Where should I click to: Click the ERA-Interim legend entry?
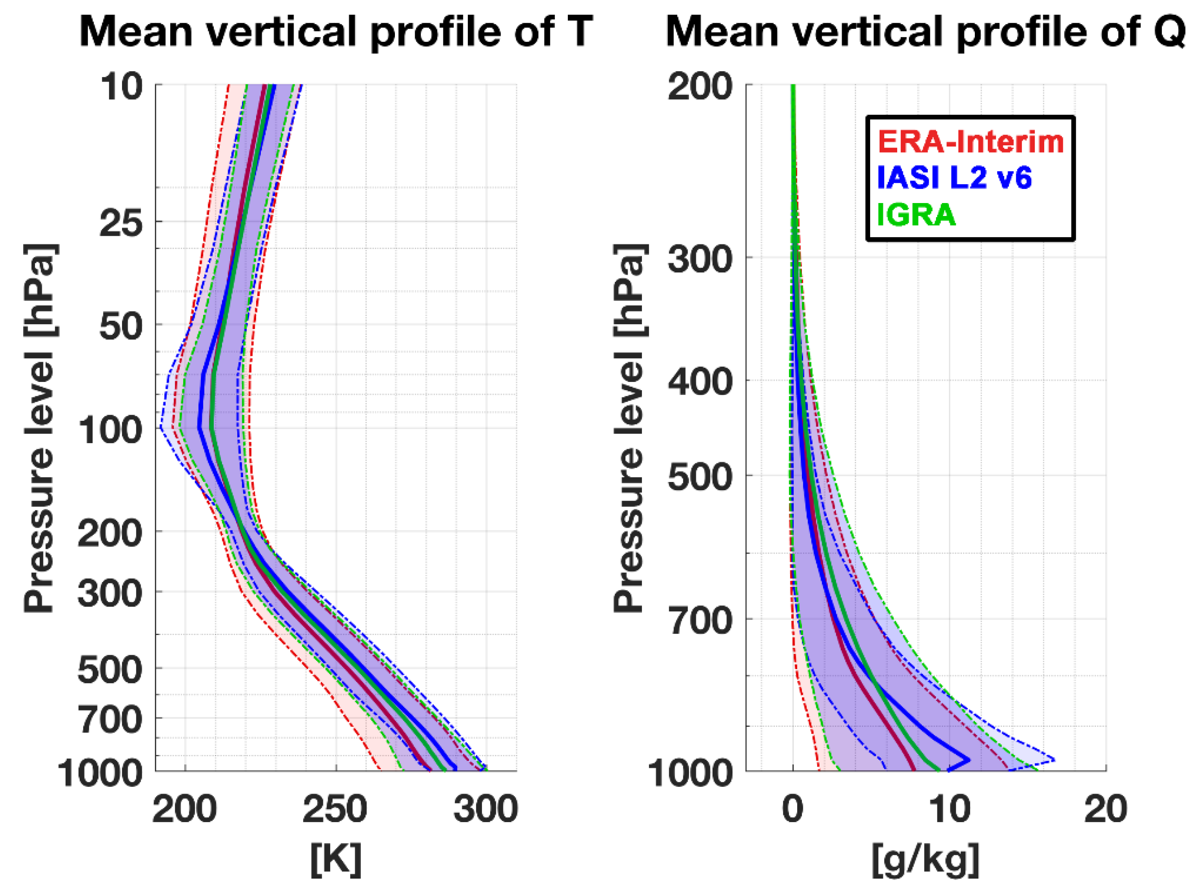click(971, 142)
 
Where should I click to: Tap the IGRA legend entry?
click(917, 214)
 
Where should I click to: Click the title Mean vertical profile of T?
click(336, 31)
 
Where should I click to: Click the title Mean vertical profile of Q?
click(925, 31)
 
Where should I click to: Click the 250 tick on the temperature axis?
click(335, 810)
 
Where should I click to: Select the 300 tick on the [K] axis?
click(485, 810)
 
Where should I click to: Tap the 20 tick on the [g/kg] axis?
click(1106, 810)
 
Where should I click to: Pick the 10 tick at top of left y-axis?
click(122, 87)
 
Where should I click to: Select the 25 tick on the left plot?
click(122, 223)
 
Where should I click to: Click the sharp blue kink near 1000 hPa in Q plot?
click(968, 760)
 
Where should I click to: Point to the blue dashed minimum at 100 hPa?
click(161, 428)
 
